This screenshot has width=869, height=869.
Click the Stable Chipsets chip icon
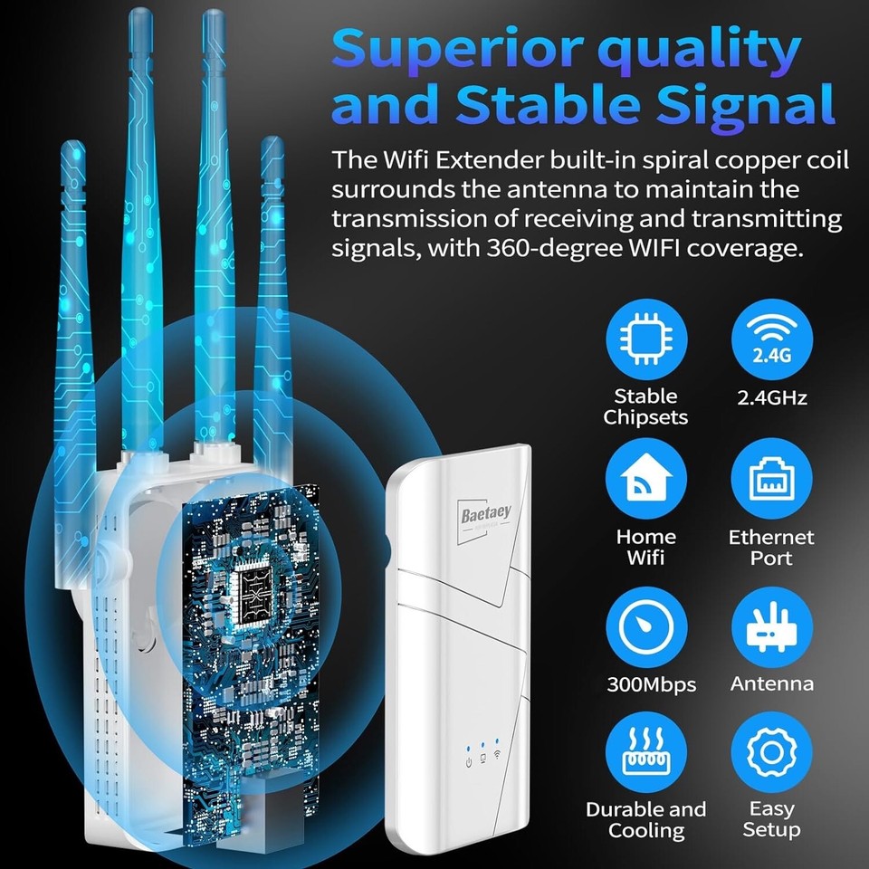coord(645,336)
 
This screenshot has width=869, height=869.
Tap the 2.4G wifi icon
coord(772,336)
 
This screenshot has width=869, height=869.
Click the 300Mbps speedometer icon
coord(645,625)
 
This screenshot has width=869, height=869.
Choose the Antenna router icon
coord(772,625)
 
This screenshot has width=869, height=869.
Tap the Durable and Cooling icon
coord(645,750)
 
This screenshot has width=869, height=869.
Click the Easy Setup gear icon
coord(772,750)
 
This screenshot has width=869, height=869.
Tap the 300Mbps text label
coord(651,684)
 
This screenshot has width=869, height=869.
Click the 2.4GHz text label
coord(772,396)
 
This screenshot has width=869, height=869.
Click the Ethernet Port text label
coord(772,548)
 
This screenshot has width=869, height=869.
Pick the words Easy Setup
coord(772,819)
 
